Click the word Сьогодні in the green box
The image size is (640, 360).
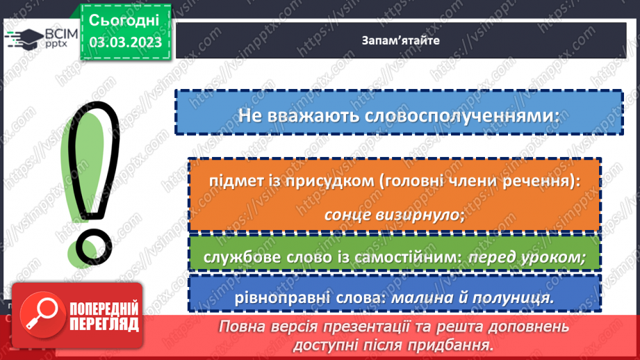pos(124,19)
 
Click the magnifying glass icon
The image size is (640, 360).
pos(38,316)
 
